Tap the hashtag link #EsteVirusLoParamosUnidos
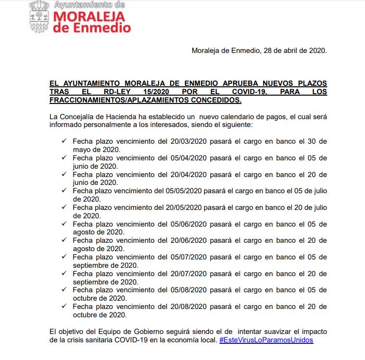tap(266, 340)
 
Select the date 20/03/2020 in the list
tap(188, 142)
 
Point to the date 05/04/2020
tap(188, 158)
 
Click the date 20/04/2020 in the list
tap(188, 175)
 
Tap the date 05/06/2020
tap(188, 224)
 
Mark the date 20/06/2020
tap(188, 241)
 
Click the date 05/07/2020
tap(188, 257)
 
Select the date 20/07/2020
tap(188, 274)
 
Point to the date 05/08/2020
tap(188, 290)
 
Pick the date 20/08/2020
tap(188, 307)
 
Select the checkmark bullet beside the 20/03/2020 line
tap(64, 141)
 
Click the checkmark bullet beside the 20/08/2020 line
tap(64, 306)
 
